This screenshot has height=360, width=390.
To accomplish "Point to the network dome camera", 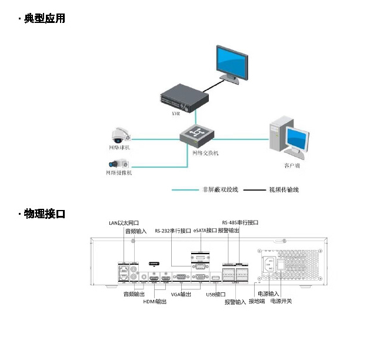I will coord(121,134).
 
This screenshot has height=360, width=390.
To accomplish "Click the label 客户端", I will coord(292,166).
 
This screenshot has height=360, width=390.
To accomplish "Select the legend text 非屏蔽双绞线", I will coord(220,190).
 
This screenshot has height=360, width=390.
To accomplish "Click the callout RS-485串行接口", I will coord(240,223).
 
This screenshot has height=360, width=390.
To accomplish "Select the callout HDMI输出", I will coord(155,302).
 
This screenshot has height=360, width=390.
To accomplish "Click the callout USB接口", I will coord(216,294).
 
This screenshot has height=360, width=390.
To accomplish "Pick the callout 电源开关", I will coord(281,301).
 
